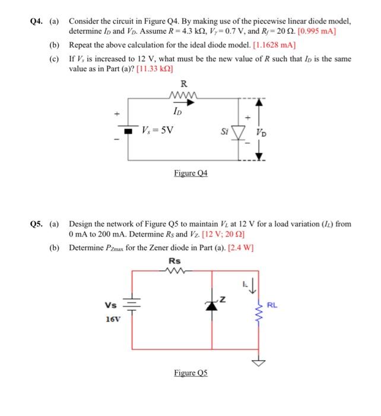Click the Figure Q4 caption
(190, 174)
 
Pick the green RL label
(272, 306)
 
